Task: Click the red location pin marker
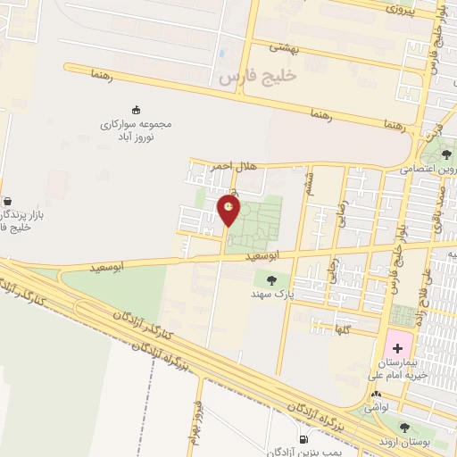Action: (228, 211)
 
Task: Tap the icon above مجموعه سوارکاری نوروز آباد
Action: (136, 109)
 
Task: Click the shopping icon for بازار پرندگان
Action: (7, 201)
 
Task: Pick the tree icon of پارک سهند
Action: (271, 280)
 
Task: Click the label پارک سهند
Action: (271, 293)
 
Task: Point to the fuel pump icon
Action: (306, 439)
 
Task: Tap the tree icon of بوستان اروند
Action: (406, 428)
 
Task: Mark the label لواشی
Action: (381, 407)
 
